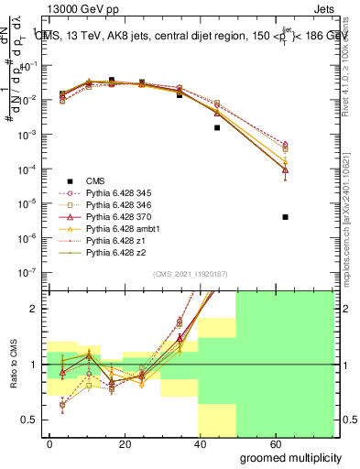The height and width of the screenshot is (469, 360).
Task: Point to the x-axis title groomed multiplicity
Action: coord(290,457)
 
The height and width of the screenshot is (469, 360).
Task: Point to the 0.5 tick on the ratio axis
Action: coord(27,420)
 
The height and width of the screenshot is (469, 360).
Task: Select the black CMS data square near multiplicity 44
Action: coord(217,127)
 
